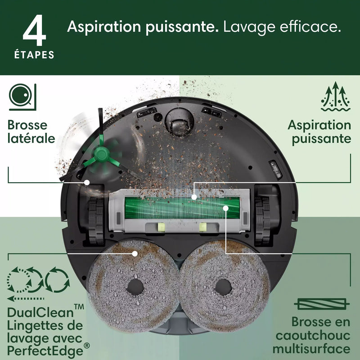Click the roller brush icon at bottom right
pyautogui.click(x=320, y=305)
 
